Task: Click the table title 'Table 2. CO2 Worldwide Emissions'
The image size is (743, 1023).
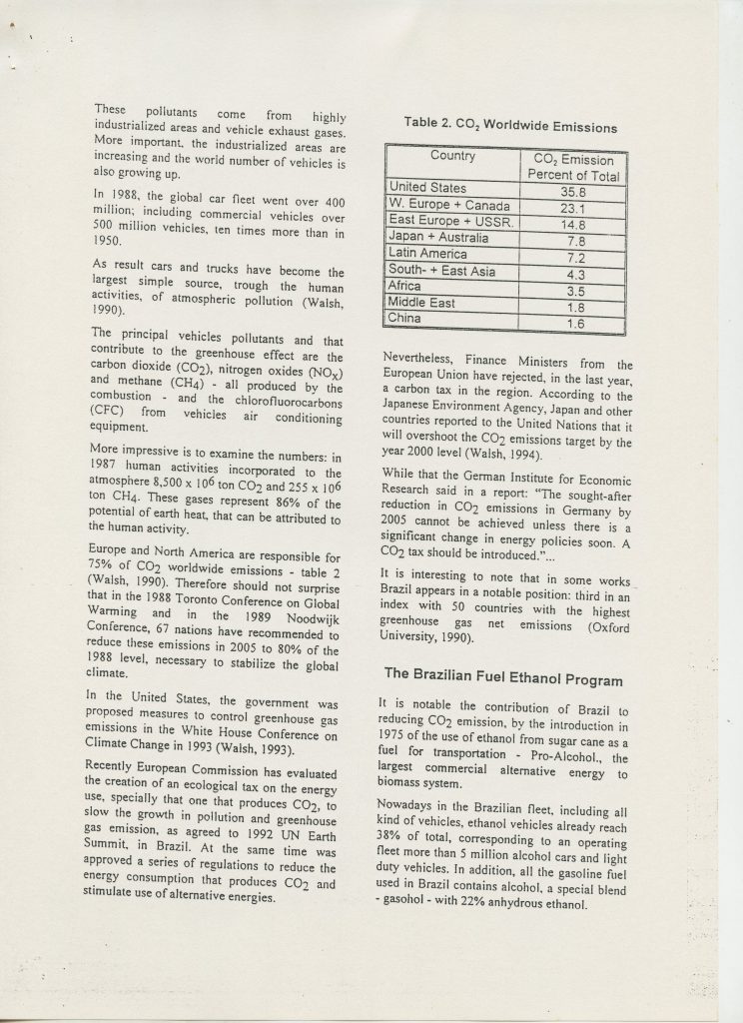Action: pos(509,127)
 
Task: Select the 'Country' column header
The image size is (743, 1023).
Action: pos(452,157)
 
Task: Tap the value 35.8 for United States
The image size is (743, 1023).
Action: pos(572,191)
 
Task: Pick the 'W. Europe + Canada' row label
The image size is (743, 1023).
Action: pos(448,207)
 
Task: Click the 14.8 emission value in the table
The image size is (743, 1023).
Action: pos(573,224)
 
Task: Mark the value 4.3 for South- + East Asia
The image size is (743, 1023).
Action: pos(573,273)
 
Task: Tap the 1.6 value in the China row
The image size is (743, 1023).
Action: pos(574,323)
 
